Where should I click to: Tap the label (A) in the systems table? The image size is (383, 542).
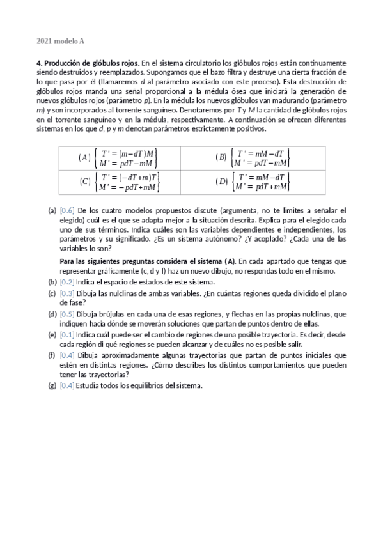point(84,157)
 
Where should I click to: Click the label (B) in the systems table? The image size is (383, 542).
point(222,157)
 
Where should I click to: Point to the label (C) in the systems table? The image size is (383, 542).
point(84,182)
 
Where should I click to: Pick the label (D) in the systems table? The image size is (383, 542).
point(222,182)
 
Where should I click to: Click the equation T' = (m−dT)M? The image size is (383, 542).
point(128,153)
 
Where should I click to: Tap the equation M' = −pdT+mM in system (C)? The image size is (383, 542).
point(128,187)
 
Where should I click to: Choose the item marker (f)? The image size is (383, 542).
point(52,356)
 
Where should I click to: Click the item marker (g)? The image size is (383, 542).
point(52,385)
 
